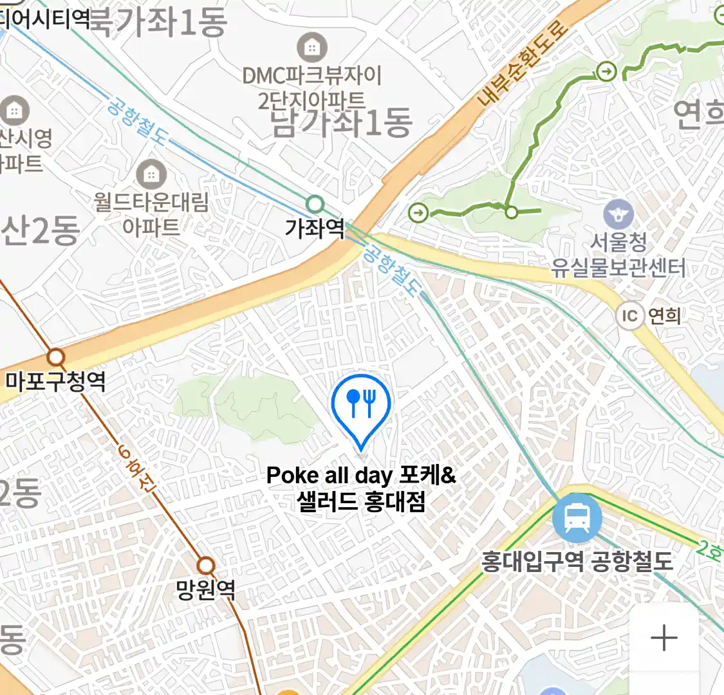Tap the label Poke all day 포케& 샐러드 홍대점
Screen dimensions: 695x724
click(361, 488)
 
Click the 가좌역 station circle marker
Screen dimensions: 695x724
click(315, 205)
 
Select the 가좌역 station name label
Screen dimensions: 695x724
click(315, 228)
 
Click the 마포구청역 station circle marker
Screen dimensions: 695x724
click(56, 357)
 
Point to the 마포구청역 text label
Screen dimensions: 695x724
click(55, 381)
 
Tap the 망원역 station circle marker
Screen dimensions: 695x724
click(206, 566)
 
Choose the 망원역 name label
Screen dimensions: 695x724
click(206, 589)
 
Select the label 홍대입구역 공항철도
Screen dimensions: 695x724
click(577, 561)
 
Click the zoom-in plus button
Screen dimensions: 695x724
click(664, 638)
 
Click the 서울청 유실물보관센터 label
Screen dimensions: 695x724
click(618, 255)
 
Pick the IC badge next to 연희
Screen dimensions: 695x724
click(629, 315)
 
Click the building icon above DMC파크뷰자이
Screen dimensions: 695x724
click(312, 48)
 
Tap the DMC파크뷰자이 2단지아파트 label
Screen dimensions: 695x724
click(312, 87)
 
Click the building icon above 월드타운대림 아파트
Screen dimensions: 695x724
click(151, 174)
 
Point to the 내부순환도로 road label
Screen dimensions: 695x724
click(523, 63)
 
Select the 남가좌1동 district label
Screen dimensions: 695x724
click(342, 123)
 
